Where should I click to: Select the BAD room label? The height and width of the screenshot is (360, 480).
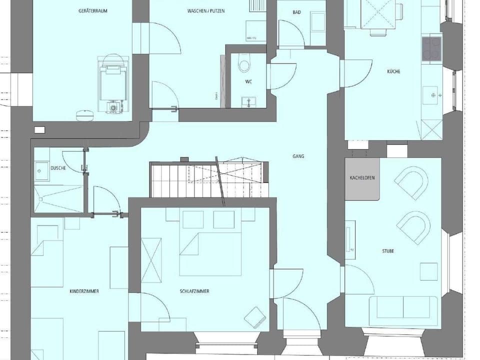tap(296, 12)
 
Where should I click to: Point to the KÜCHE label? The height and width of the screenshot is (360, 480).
tap(393, 71)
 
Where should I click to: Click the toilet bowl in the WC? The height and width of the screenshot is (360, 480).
tap(244, 65)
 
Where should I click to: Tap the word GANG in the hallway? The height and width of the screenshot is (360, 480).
tap(298, 156)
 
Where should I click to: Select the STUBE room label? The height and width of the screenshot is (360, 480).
tap(387, 251)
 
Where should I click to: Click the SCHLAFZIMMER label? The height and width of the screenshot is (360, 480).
tap(194, 291)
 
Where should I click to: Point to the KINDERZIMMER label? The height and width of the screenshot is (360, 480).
tap(84, 291)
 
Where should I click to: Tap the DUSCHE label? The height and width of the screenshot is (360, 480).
tap(58, 168)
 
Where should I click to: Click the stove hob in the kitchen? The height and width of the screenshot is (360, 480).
tap(431, 49)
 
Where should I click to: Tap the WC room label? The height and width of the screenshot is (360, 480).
tap(248, 81)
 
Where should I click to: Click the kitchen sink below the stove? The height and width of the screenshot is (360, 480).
tap(431, 93)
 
